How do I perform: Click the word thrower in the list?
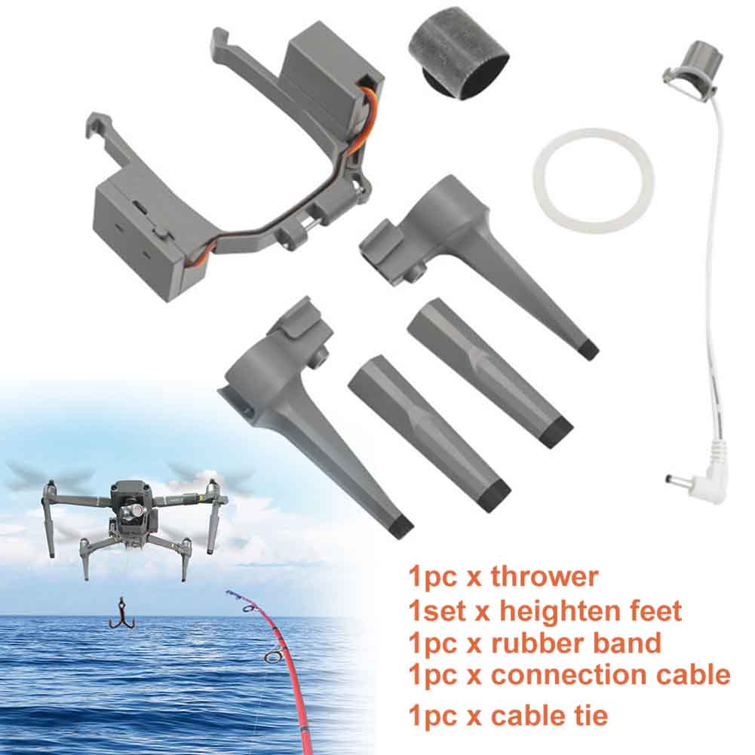pyautogui.click(x=544, y=576)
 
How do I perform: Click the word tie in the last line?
pyautogui.click(x=589, y=714)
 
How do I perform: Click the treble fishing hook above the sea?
pyautogui.click(x=120, y=613)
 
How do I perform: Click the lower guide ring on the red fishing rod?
pyautogui.click(x=274, y=657)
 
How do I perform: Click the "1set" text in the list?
pyautogui.click(x=438, y=611)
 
